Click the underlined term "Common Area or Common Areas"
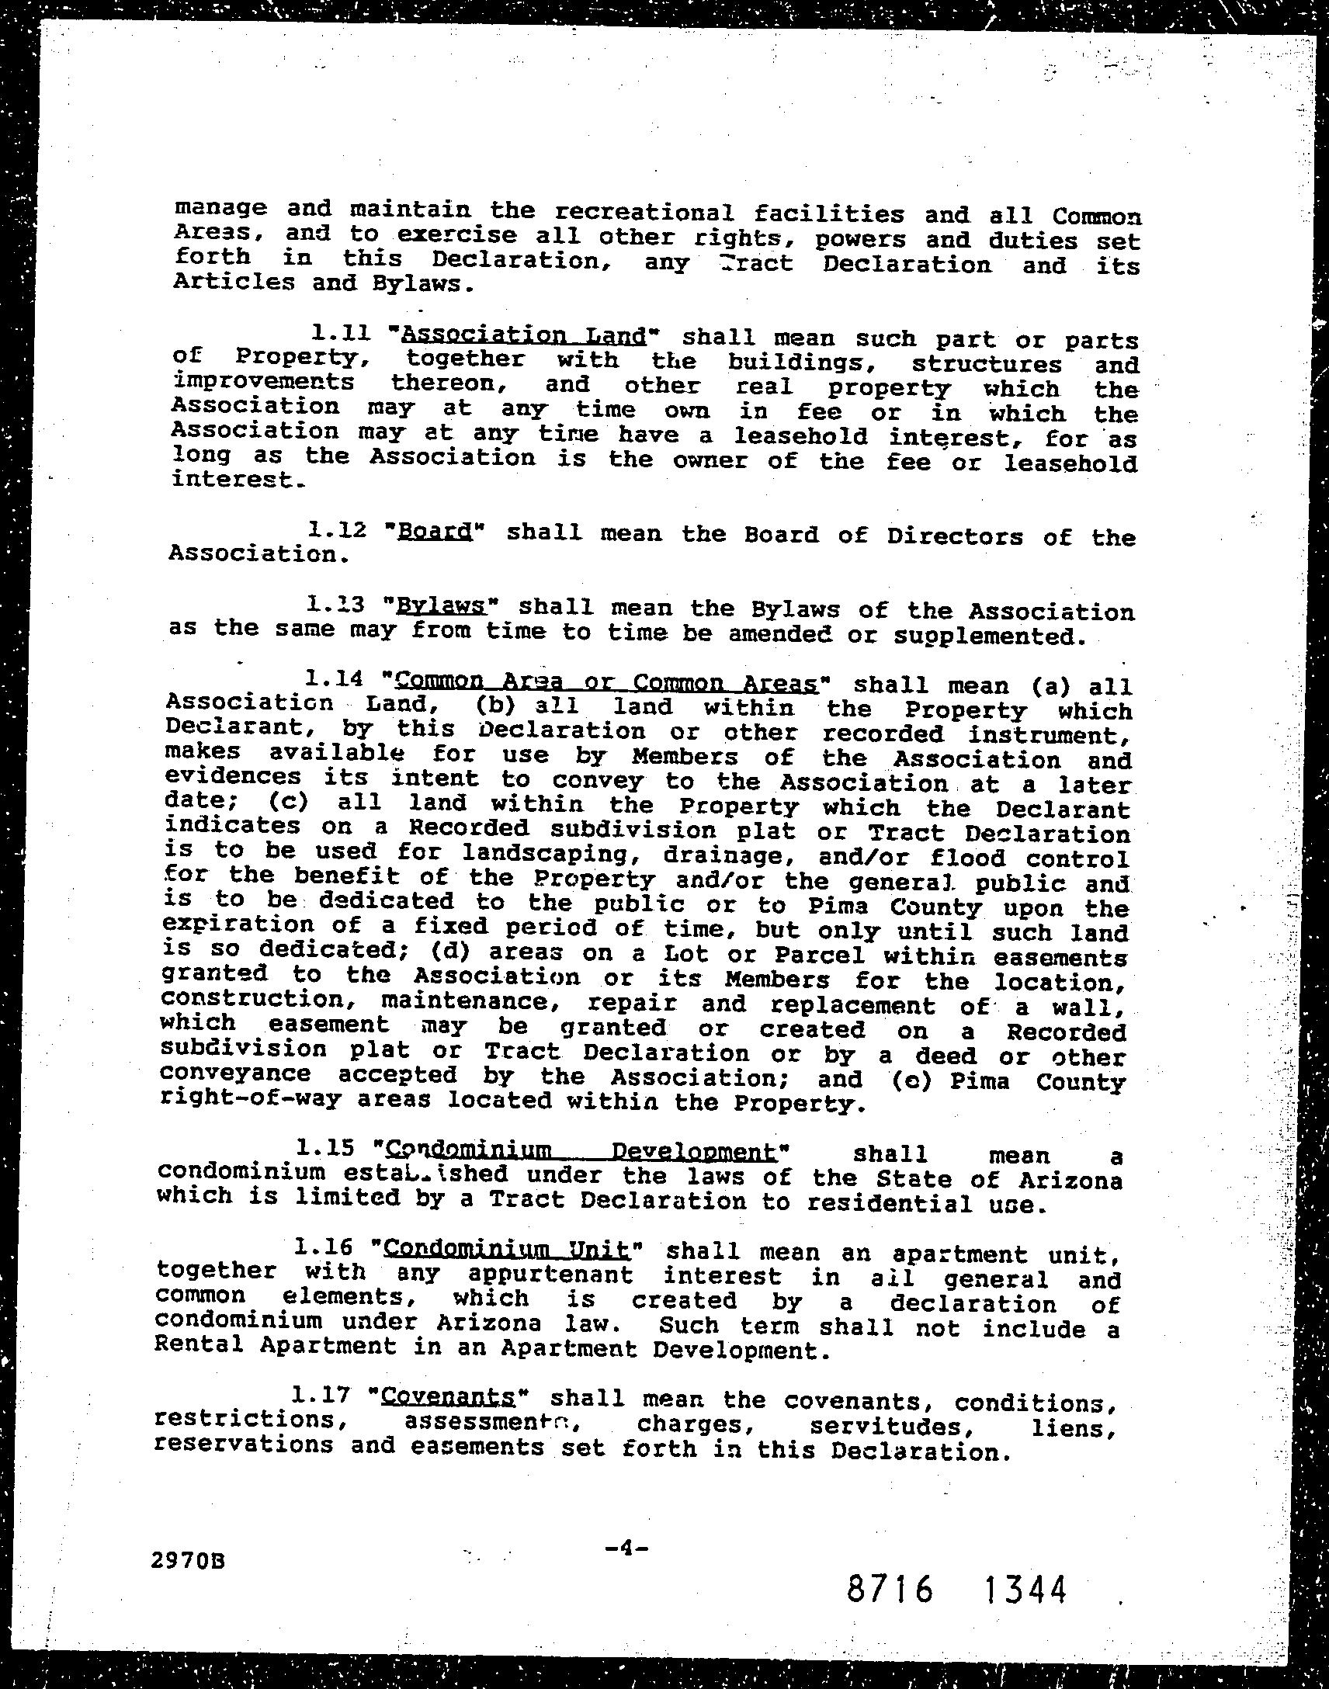point(607,682)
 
